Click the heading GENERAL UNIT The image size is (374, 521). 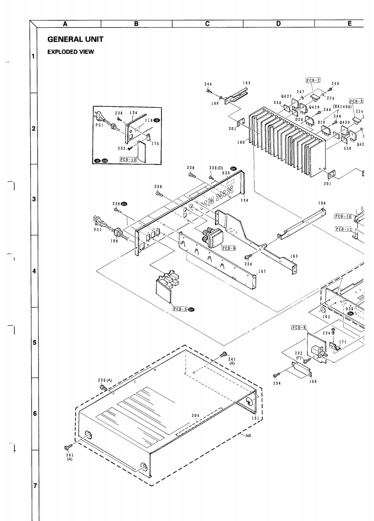75,39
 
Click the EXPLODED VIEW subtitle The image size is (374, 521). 71,52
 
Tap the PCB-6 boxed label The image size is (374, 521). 229,248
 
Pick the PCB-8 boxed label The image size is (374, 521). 299,327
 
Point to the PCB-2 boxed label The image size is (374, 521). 313,80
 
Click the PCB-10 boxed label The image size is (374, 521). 343,216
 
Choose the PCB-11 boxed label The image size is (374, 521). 343,229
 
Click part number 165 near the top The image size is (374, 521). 246,83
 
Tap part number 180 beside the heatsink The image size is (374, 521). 241,143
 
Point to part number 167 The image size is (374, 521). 262,272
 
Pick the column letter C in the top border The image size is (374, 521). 207,24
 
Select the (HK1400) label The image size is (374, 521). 342,106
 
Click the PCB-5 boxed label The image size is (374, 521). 180,309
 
